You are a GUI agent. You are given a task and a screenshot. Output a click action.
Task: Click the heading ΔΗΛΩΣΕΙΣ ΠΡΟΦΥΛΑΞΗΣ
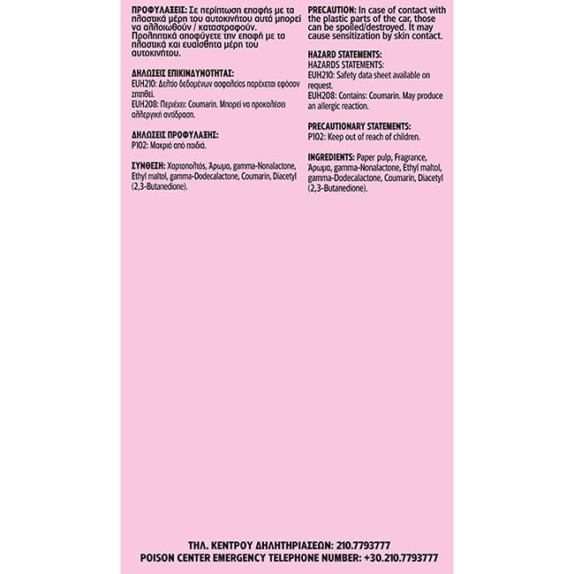coord(169,133)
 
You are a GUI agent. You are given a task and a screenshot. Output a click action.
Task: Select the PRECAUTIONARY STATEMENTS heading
coord(359,126)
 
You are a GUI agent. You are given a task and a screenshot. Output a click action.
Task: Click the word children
coord(405,136)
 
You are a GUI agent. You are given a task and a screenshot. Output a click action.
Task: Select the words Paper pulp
coord(374,156)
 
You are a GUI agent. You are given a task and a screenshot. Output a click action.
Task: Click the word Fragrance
coord(418,156)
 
